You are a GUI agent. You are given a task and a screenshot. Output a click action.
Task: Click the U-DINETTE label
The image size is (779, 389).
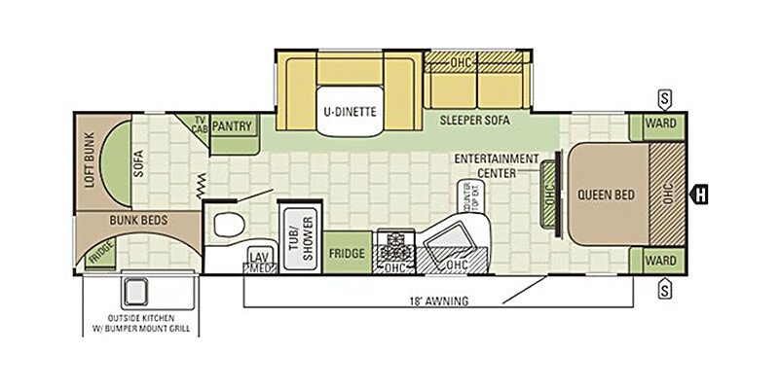click(350, 111)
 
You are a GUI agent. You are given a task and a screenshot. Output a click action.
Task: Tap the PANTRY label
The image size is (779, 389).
click(232, 126)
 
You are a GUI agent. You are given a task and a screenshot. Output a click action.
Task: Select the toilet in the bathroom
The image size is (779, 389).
click(226, 224)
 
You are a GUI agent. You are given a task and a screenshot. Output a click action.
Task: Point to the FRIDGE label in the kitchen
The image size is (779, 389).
click(347, 254)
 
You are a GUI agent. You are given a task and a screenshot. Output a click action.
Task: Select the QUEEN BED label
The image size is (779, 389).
click(605, 194)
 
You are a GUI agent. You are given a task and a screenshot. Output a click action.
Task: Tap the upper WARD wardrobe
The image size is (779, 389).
click(660, 125)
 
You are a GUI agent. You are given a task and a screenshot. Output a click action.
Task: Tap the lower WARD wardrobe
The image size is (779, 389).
click(660, 262)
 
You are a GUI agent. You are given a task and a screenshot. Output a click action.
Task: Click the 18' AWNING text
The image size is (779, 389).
click(440, 301)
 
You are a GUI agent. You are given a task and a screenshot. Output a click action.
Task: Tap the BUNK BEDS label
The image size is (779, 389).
click(138, 221)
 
